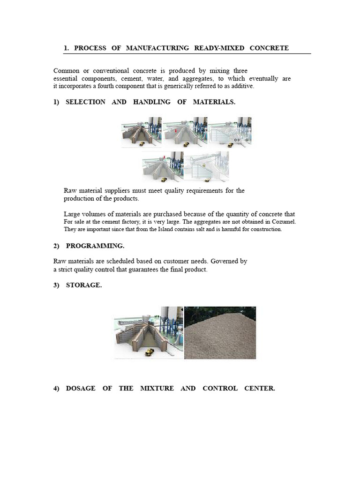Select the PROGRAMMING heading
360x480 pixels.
(x=95, y=246)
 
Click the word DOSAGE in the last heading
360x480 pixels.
(x=81, y=389)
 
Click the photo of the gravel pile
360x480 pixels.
(x=220, y=333)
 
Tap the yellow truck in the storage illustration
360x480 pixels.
(x=149, y=351)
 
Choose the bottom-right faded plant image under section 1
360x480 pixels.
(x=206, y=166)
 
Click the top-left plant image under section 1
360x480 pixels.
(x=141, y=132)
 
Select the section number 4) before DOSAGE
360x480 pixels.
(x=56, y=389)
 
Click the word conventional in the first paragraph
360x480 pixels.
(x=112, y=71)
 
